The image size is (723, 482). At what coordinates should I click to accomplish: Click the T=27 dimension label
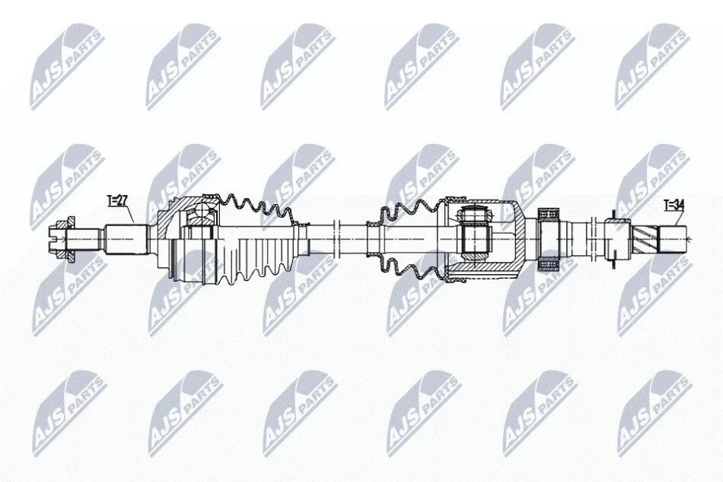[x=116, y=201]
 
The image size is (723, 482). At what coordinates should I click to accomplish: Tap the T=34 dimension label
[x=674, y=205]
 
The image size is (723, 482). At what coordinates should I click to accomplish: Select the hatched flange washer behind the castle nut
[x=71, y=240]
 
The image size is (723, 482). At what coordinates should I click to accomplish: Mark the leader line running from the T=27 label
[x=130, y=215]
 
